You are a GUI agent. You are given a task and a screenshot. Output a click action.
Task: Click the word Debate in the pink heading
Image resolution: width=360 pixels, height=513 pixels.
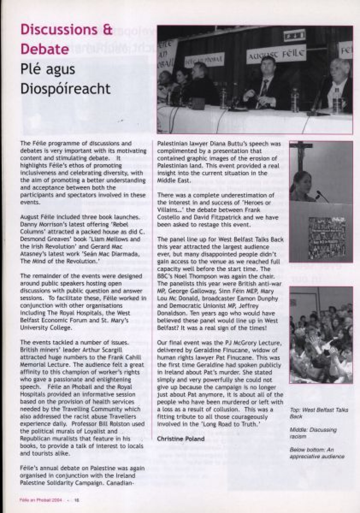pos(45,49)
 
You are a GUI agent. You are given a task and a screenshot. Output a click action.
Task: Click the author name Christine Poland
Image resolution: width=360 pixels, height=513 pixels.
pos(181,439)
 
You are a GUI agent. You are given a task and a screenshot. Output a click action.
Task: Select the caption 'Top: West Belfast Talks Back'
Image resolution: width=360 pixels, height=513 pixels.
pos(319,413)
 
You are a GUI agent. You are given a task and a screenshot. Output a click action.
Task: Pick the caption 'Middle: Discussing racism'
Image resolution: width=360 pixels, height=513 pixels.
pos(313,433)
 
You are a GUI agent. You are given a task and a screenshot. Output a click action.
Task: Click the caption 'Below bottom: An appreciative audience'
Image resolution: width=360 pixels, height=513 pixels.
pos(317,453)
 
